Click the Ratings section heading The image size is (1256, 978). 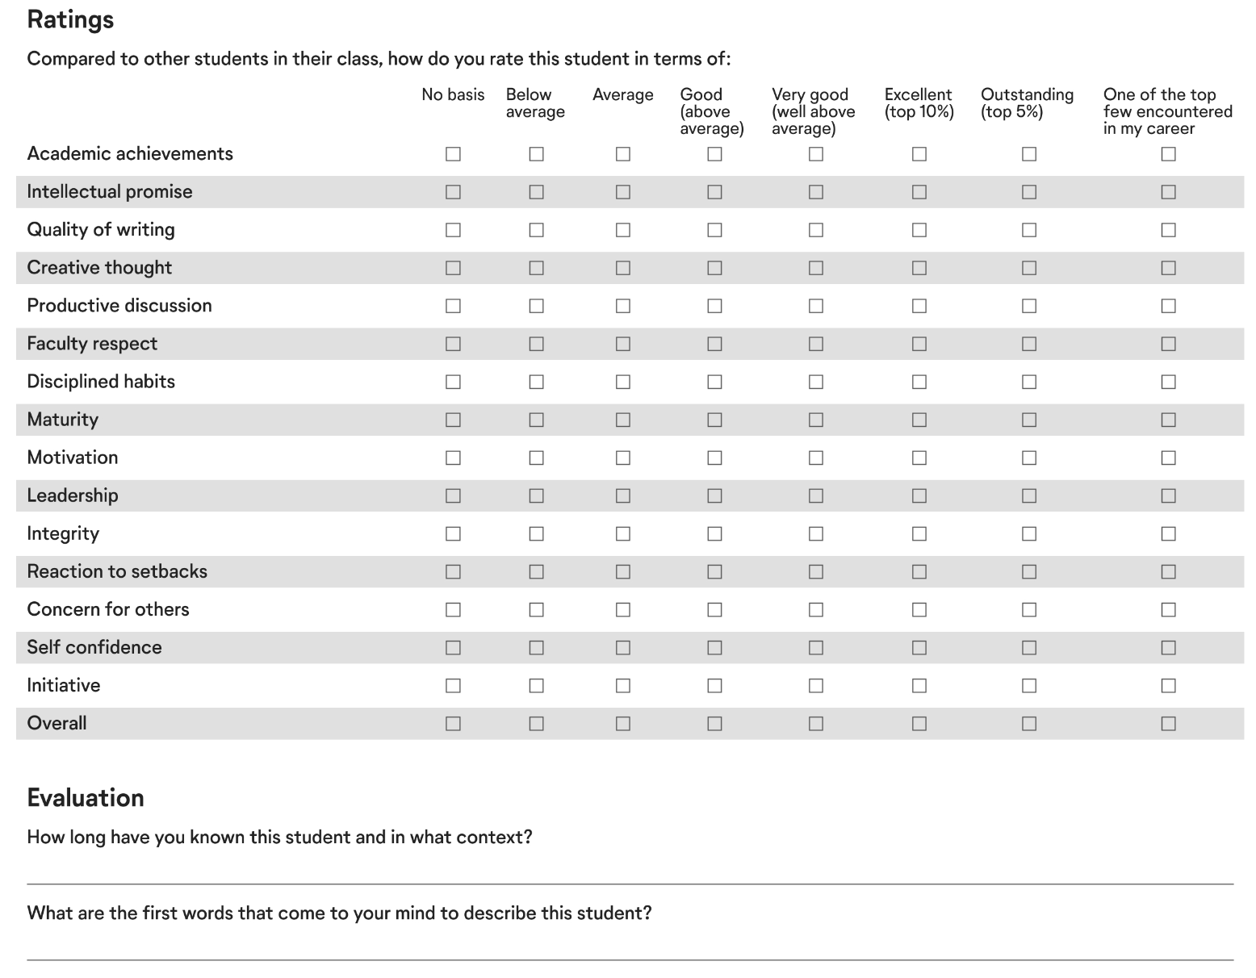pos(70,19)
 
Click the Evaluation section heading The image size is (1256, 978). pos(86,797)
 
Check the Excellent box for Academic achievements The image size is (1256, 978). pos(919,154)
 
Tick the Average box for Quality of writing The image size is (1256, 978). pos(622,230)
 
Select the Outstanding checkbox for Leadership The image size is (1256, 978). pos(1028,495)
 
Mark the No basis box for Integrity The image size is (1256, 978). pos(453,533)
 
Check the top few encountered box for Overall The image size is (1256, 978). pos(1168,724)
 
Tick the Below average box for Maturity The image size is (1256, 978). pos(536,420)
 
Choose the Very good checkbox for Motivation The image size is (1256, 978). pos(816,458)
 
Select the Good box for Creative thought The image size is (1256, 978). pos(714,268)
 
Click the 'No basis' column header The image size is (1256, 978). pos(453,94)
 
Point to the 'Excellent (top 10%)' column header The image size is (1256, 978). pos(919,103)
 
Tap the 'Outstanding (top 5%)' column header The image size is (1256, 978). pos(1027,103)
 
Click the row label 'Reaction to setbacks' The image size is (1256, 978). pos(117,571)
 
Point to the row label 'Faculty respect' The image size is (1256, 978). pos(92,344)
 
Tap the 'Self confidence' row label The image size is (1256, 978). pos(94,647)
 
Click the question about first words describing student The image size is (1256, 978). pos(339,913)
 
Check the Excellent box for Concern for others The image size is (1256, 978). pos(919,609)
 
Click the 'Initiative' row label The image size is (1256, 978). pos(64,685)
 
